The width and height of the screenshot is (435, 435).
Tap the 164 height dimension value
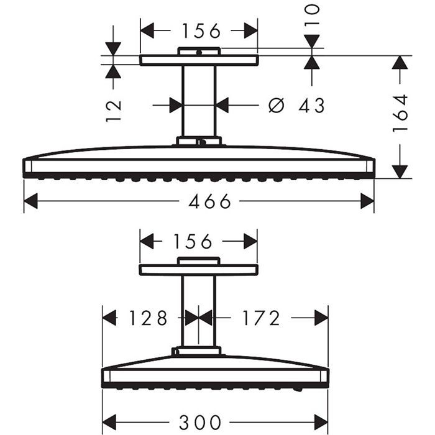400,112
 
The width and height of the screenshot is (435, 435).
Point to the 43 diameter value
312,106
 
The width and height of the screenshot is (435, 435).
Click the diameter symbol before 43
276,106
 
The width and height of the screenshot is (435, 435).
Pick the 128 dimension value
148,318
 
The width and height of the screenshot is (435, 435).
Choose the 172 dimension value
261,318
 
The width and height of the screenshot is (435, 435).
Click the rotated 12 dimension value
113,110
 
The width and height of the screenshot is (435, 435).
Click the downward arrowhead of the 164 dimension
401,171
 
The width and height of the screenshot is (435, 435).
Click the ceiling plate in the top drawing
199,60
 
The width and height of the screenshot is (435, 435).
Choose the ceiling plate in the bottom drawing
198,270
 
